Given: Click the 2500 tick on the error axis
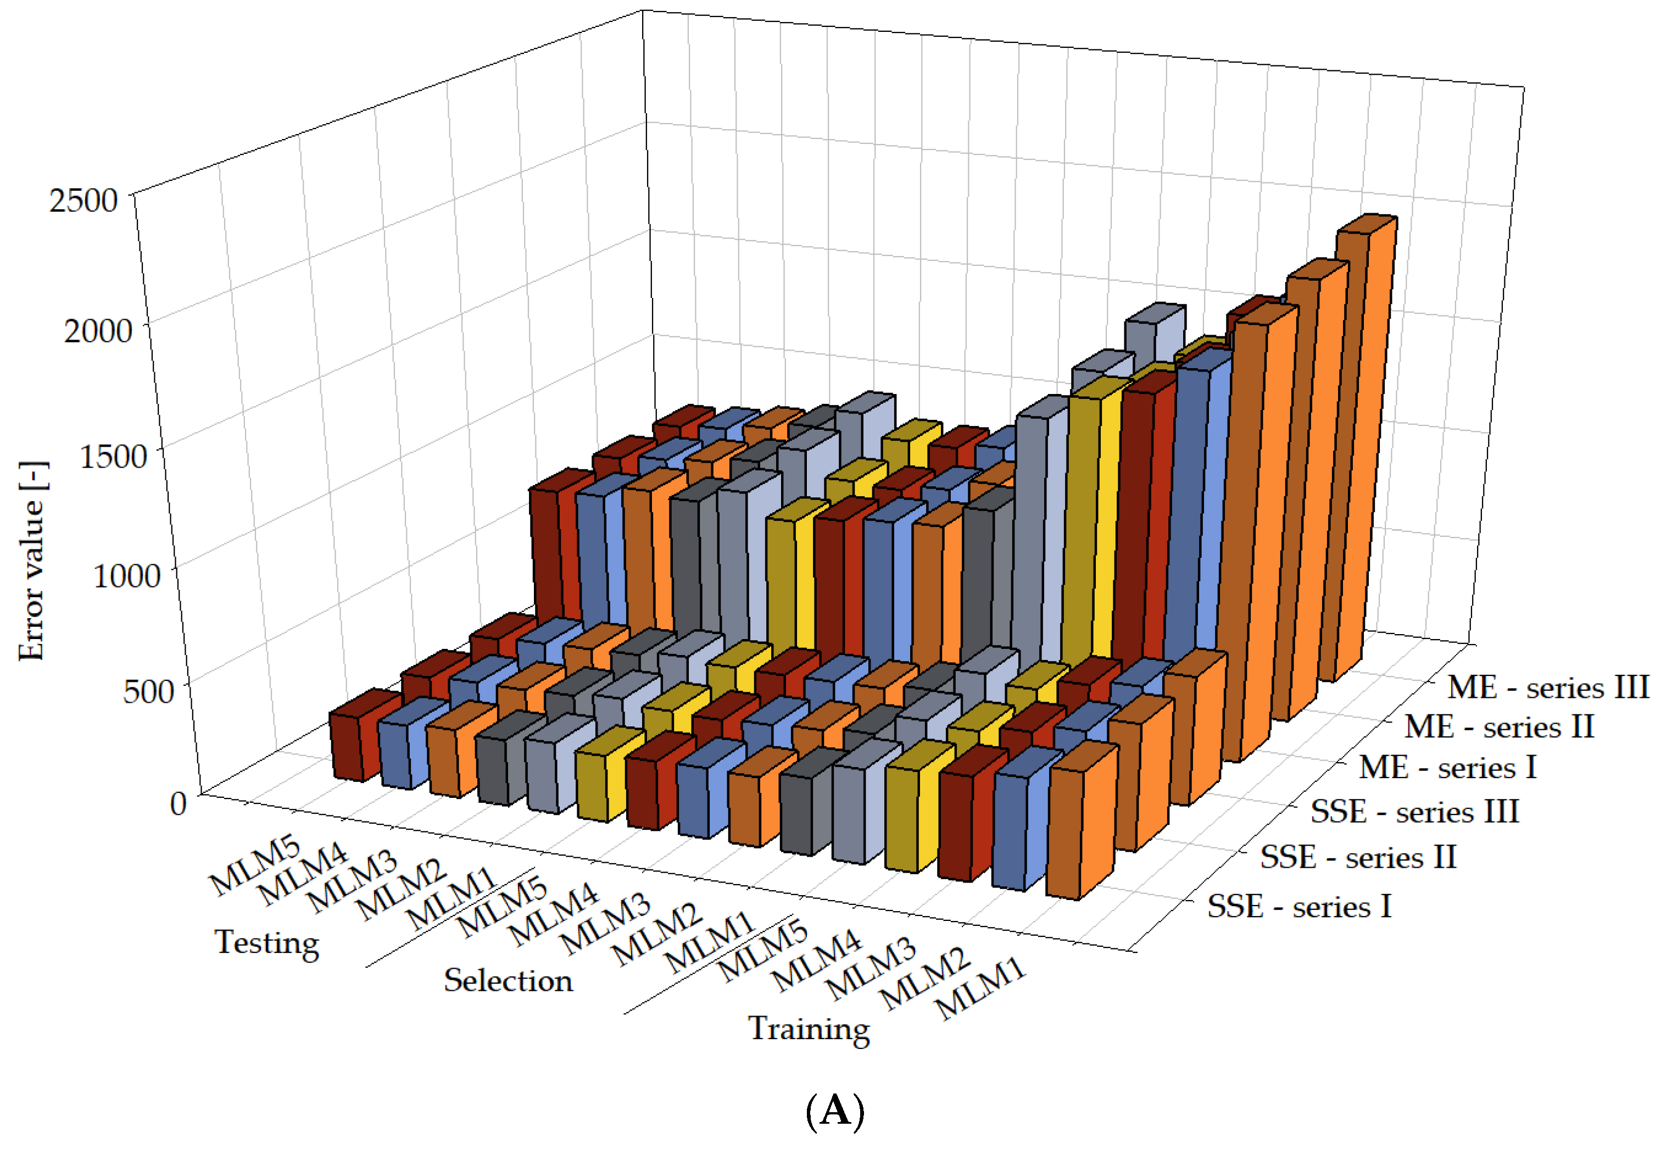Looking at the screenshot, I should click(83, 199).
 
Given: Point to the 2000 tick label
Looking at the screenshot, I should click(98, 330).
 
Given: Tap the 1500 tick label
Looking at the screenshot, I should click(113, 455).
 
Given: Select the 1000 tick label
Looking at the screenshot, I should click(127, 575).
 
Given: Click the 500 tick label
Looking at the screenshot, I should click(148, 690).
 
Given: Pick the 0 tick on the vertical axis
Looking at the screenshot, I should click(179, 803).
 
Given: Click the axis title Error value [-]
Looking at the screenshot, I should click(32, 561).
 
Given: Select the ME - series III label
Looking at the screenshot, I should click(1548, 687).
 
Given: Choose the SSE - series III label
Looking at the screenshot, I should click(1415, 812).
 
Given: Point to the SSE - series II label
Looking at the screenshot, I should click(1358, 857).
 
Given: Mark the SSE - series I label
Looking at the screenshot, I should click(1300, 906).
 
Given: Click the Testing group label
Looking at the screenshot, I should click(267, 943).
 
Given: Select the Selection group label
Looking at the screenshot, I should click(508, 980).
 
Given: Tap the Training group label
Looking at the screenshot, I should click(809, 1029).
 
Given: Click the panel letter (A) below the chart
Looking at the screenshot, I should click(835, 1111).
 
